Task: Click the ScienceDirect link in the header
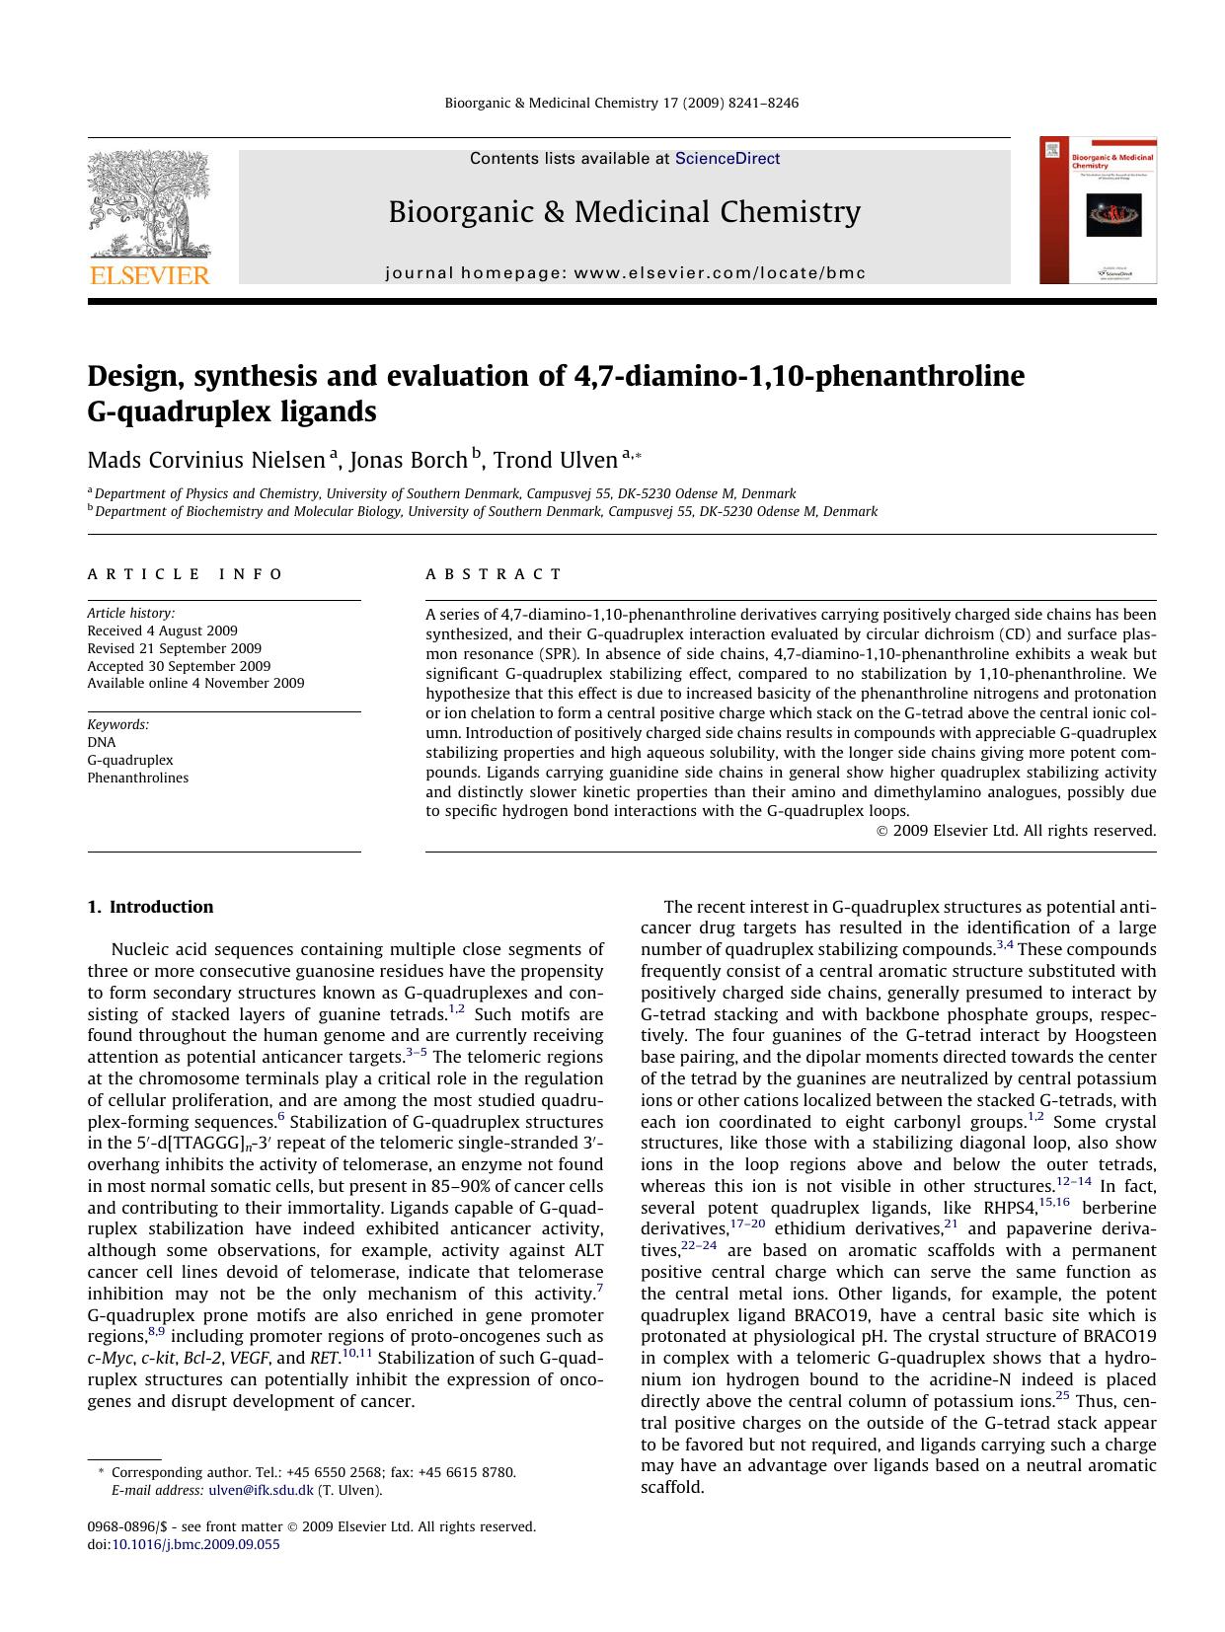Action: [x=727, y=159]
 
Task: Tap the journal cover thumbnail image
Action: [x=1098, y=211]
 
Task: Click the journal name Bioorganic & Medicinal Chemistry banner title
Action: [x=624, y=212]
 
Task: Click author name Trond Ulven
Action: [x=555, y=460]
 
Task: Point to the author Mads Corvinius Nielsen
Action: [x=205, y=460]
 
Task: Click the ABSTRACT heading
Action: [x=494, y=574]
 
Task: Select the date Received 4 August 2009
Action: [x=162, y=631]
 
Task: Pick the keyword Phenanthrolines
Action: [x=137, y=778]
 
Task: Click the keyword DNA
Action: [x=101, y=742]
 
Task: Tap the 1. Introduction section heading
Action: [x=150, y=907]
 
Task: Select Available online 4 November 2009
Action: [x=195, y=683]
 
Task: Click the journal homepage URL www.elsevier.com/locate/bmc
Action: [x=719, y=273]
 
